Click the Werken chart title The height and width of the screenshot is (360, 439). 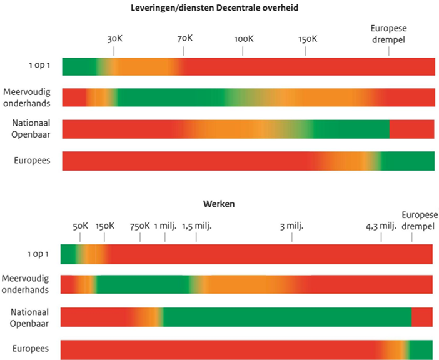pos(218,204)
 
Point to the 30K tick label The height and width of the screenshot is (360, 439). pos(114,39)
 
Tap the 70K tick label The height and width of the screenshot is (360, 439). pos(184,39)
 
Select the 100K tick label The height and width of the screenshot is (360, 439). pos(243,39)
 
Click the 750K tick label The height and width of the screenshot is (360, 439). pos(139,226)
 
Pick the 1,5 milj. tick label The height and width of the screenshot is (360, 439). pos(197,226)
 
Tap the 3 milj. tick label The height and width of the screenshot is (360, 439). pos(291,226)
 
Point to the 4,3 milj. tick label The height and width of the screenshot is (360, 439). pos(381,226)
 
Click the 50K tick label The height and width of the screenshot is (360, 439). pos(81,226)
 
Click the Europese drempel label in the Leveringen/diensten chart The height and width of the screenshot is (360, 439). pos(388,34)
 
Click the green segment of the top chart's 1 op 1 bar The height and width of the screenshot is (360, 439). pos(78,66)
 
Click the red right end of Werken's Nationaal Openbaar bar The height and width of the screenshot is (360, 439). pos(423,316)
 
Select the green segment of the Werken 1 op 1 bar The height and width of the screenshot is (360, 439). pos(68,254)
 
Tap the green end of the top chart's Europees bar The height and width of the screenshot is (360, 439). pos(409,161)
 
